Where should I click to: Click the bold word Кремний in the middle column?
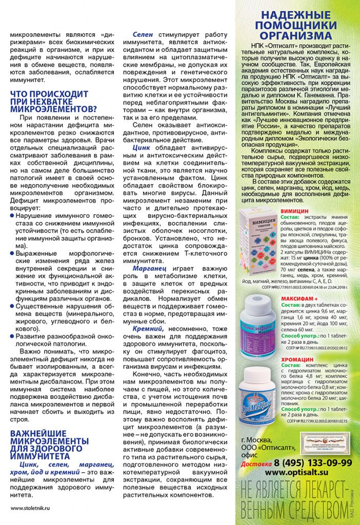(148, 328)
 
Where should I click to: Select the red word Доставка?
(256, 463)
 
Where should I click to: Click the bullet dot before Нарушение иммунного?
(12, 216)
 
